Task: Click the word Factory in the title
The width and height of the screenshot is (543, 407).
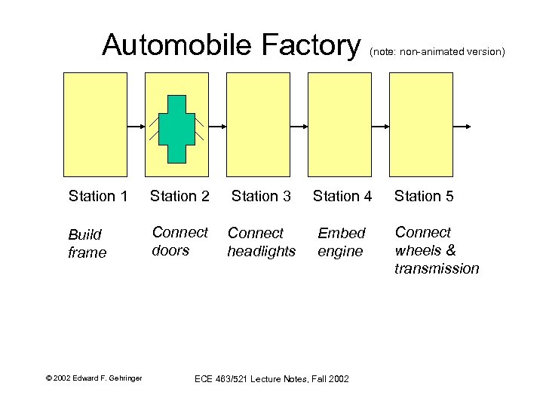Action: coord(311,45)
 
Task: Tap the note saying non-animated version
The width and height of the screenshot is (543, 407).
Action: coord(437,52)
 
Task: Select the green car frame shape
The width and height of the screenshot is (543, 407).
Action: coord(176,129)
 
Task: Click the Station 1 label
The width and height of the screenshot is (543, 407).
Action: coord(97,197)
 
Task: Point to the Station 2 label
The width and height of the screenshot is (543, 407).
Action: coord(179,197)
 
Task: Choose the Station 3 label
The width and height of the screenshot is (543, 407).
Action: coord(261,197)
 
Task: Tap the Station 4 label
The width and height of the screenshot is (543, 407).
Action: coord(342,197)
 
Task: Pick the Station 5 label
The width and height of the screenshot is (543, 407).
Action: coord(424,197)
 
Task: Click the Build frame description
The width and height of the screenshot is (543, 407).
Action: coord(87,243)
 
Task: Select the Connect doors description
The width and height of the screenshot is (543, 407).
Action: coord(179,241)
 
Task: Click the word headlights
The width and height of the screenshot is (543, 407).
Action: coord(261,252)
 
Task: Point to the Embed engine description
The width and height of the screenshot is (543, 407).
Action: coord(341,243)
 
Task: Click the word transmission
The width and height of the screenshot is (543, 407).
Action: coord(437,269)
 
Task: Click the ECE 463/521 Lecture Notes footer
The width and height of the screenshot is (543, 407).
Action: coord(271,378)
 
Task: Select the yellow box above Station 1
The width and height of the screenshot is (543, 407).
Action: coord(95,124)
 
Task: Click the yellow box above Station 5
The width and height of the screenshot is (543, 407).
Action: coord(421,124)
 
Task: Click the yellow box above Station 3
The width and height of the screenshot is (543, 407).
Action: coord(258,124)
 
